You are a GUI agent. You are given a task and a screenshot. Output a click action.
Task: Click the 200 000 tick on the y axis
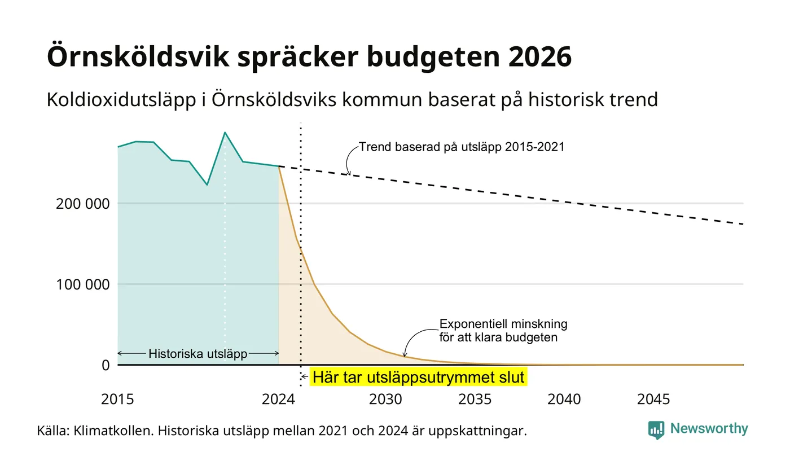coord(82,204)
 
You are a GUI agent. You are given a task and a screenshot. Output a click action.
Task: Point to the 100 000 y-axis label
coord(82,284)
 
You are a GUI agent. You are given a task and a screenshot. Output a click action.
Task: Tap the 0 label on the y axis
coord(106,366)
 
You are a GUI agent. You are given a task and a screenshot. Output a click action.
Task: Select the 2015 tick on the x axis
coord(117,400)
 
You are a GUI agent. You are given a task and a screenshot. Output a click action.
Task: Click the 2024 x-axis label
coord(278,400)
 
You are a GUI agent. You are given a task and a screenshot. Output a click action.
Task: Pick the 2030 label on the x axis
coord(385,400)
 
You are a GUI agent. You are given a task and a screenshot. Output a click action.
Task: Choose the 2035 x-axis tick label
coord(475,400)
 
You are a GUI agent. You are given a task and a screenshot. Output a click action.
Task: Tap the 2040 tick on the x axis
coord(564,400)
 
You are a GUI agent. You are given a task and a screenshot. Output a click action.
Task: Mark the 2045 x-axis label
coord(653,400)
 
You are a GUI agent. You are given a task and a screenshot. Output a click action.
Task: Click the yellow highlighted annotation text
coord(418,378)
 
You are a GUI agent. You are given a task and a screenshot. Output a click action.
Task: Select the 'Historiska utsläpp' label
coord(198,354)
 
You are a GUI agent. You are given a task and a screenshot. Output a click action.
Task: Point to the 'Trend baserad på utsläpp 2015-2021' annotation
coord(462,147)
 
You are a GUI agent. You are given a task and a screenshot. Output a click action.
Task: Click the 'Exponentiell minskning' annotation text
coord(503,324)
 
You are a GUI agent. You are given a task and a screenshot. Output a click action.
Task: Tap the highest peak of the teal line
coord(225,133)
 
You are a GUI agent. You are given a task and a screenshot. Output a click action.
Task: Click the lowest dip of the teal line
coord(207,185)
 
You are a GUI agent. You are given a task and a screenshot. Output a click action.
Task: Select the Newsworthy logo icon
coord(656,430)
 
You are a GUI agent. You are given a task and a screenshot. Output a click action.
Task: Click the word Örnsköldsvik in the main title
coord(138,56)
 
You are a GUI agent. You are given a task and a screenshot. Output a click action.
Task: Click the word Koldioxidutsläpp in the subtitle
coord(121,100)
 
